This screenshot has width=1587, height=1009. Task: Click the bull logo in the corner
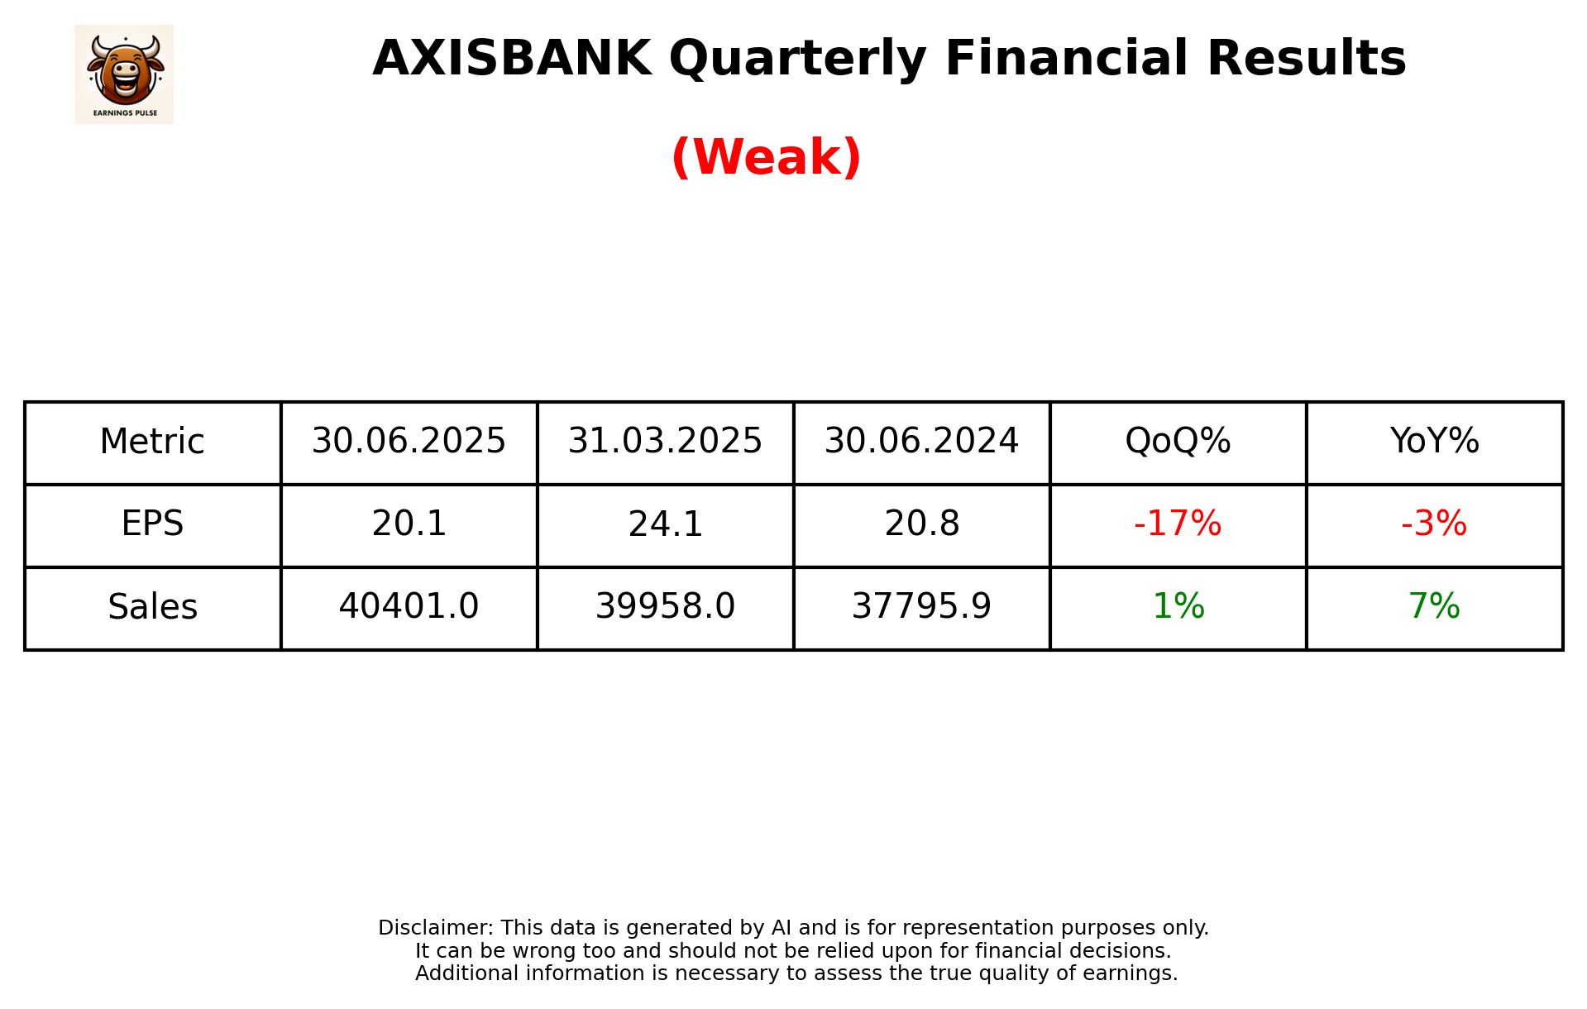[x=124, y=74]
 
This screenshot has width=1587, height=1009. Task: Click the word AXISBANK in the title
[x=511, y=59]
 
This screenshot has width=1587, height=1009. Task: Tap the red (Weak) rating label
[x=766, y=157]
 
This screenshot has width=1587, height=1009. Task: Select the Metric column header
[x=152, y=442]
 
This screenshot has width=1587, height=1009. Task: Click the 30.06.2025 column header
[x=409, y=442]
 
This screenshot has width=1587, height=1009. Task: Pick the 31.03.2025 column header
[x=665, y=442]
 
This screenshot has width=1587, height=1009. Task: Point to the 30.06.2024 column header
[x=921, y=442]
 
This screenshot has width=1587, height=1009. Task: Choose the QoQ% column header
[x=1178, y=442]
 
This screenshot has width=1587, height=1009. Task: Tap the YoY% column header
[x=1434, y=442]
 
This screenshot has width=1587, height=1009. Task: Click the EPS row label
[x=152, y=524]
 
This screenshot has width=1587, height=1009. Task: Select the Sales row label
[x=152, y=607]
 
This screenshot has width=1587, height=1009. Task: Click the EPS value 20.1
[x=409, y=524]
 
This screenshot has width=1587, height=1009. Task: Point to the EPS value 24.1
[x=665, y=524]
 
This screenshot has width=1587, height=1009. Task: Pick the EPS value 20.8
[x=921, y=524]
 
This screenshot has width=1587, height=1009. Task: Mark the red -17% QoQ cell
[x=1178, y=524]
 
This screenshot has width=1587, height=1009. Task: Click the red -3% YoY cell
[x=1434, y=524]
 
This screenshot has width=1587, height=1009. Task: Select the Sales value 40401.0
[x=409, y=607]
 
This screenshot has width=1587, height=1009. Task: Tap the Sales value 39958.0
[x=665, y=607]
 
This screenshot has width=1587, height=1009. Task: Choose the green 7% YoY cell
[x=1434, y=607]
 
